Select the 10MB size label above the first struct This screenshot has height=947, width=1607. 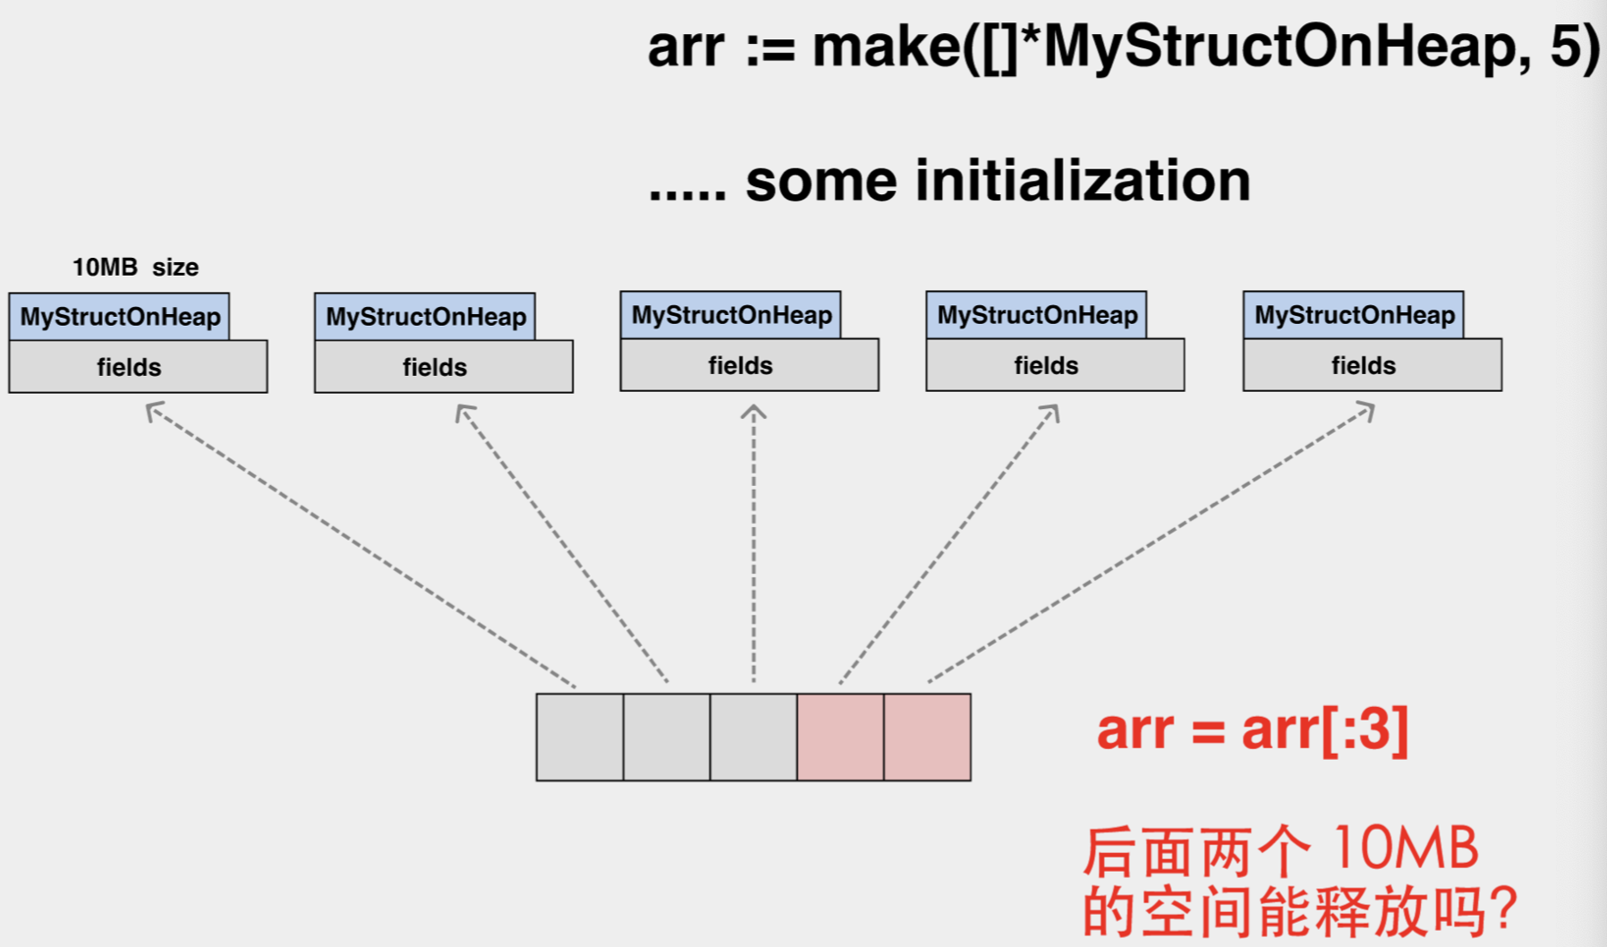tap(135, 267)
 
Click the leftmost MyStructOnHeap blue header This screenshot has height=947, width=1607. tap(120, 317)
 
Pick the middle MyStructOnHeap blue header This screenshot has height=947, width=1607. tap(731, 315)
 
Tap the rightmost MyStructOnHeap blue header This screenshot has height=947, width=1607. tap(1354, 315)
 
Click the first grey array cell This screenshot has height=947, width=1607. tap(580, 737)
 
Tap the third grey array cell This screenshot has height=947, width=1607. tap(753, 737)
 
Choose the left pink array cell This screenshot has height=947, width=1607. tap(840, 737)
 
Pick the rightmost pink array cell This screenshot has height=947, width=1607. tap(927, 737)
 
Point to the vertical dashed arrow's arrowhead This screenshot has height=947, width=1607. tap(753, 412)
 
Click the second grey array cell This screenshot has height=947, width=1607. tap(667, 737)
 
